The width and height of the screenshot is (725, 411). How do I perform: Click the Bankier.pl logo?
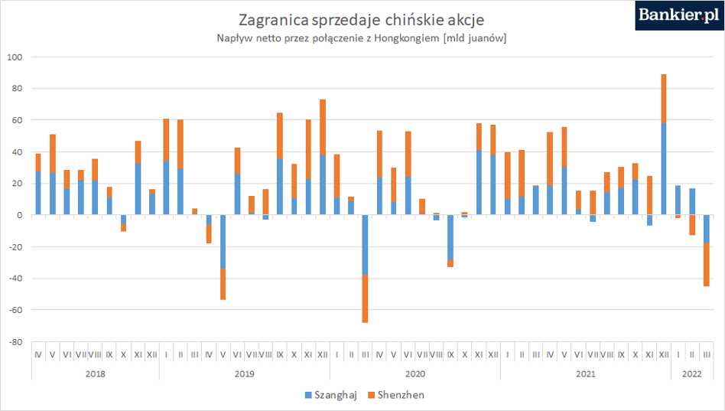tap(680, 15)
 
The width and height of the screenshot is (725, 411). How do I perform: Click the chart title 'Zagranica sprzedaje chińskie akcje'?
tap(362, 20)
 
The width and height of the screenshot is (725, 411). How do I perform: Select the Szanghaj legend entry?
tap(331, 395)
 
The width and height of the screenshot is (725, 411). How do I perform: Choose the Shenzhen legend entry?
tap(396, 395)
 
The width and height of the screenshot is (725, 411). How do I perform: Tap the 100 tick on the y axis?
tap(15, 57)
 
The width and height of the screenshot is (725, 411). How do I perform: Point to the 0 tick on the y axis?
tap(19, 215)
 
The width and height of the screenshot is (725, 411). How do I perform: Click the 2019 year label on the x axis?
tap(244, 374)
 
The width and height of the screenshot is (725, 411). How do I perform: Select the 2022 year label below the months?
tap(691, 374)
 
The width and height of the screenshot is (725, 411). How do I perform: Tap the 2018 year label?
tap(96, 374)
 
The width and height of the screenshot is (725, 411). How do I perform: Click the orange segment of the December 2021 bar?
tap(664, 99)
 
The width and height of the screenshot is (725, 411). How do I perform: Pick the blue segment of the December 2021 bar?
tap(664, 169)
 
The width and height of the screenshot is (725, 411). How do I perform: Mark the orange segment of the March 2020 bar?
tap(365, 298)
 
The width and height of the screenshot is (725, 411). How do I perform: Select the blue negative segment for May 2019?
tap(223, 242)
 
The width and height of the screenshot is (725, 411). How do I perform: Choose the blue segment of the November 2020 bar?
tap(479, 182)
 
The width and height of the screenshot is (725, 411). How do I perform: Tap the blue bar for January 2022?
tap(678, 200)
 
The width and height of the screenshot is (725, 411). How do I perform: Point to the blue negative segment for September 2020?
tap(450, 237)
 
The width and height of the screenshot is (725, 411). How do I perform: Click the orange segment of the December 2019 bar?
tap(322, 127)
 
